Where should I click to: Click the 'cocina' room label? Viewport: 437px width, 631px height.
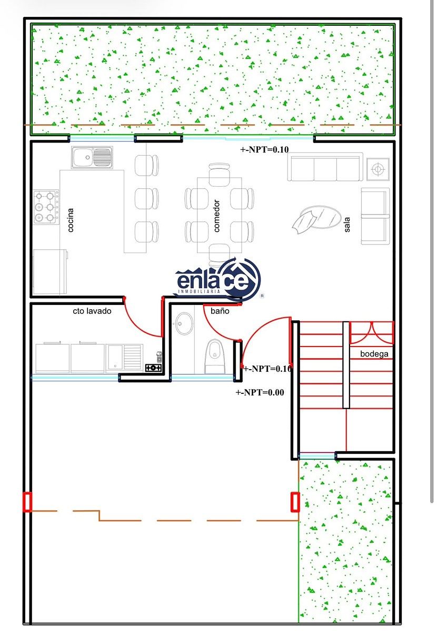[71, 220]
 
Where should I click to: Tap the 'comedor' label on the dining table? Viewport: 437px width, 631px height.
[216, 216]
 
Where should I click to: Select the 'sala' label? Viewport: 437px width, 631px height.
[347, 225]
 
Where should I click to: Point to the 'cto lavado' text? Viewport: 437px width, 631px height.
[92, 311]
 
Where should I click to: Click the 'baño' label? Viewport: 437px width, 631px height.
[220, 311]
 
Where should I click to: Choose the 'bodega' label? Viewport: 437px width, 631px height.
[374, 354]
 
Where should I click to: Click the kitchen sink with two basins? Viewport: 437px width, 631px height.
[92, 157]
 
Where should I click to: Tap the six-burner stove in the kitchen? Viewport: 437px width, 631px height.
[46, 207]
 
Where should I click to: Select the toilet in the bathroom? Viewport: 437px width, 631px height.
[215, 357]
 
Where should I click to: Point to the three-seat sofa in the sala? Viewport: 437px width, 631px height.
[325, 167]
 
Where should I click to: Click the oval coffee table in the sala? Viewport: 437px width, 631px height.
[321, 217]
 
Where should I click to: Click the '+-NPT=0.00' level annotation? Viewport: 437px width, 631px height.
[260, 392]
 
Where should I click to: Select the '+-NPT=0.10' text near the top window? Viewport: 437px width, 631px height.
[264, 149]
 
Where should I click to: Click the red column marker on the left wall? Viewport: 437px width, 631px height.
[27, 502]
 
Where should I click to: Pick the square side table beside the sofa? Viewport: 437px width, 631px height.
[378, 169]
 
